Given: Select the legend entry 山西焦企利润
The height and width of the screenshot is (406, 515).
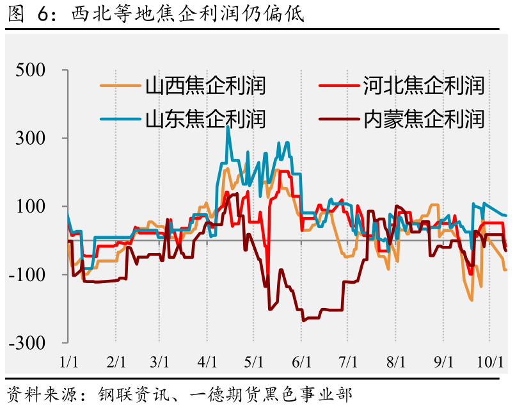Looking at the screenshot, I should click(x=205, y=85).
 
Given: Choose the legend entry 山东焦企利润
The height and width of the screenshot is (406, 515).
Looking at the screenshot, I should click(x=205, y=118).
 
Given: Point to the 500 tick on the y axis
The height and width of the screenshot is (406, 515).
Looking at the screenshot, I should click(x=40, y=70).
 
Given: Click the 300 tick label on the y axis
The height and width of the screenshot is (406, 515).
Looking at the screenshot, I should click(x=40, y=138).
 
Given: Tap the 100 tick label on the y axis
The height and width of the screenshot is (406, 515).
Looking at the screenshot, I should click(x=40, y=206).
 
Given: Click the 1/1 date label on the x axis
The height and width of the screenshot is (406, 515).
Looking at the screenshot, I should click(x=68, y=362).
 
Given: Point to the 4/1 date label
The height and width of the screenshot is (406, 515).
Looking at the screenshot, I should click(x=207, y=362).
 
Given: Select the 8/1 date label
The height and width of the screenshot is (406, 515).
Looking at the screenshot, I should click(x=395, y=362).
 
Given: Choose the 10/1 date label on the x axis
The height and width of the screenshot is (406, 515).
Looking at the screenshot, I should click(x=491, y=362).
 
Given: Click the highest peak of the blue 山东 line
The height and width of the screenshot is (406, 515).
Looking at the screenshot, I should click(x=228, y=127).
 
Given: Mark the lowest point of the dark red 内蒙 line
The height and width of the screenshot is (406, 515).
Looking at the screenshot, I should click(x=303, y=320).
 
